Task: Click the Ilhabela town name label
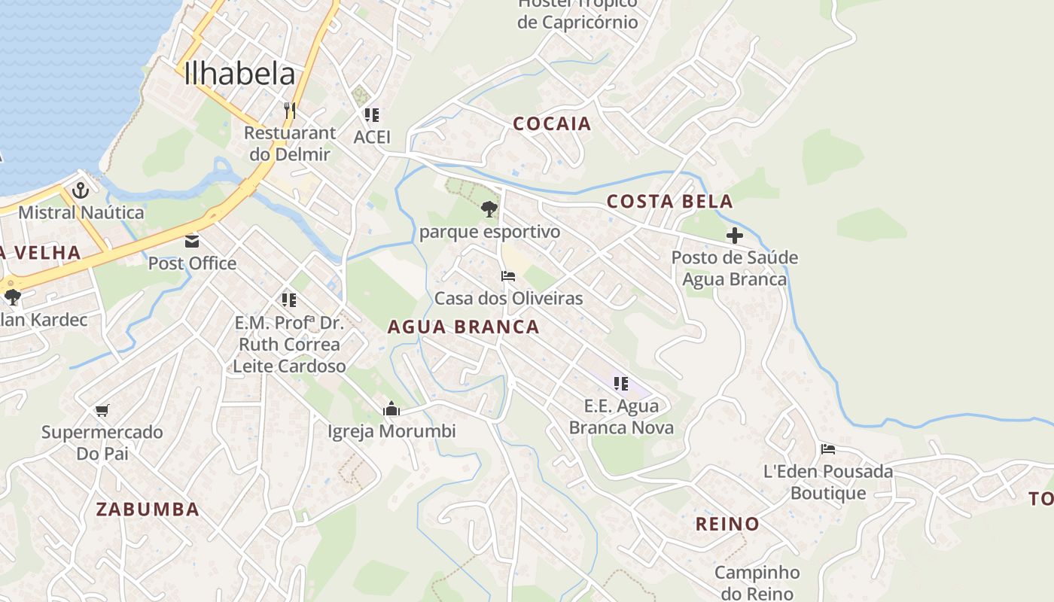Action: coord(239,74)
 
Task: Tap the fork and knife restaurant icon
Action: coord(290,110)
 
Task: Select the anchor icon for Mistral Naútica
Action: coord(81,190)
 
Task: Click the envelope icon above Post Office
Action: coord(192,242)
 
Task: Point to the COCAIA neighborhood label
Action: coord(552,124)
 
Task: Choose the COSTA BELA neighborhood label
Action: coord(669,202)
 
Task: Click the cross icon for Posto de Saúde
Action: coord(734,236)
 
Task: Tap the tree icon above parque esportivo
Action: coord(489,208)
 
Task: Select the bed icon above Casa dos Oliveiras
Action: coord(508,276)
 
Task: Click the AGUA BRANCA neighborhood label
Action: coord(463,327)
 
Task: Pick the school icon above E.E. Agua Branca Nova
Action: coord(621,384)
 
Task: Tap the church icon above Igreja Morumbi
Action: coord(391,409)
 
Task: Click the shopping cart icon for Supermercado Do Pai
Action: coord(102,410)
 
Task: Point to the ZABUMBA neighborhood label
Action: coord(148,509)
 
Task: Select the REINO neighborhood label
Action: coord(727,524)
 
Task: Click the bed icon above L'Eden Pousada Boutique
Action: coord(828,449)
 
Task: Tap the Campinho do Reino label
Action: coord(757,582)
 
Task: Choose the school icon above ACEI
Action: coord(372,115)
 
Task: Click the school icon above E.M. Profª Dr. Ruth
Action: coord(289,300)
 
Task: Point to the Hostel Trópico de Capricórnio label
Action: coord(577,12)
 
